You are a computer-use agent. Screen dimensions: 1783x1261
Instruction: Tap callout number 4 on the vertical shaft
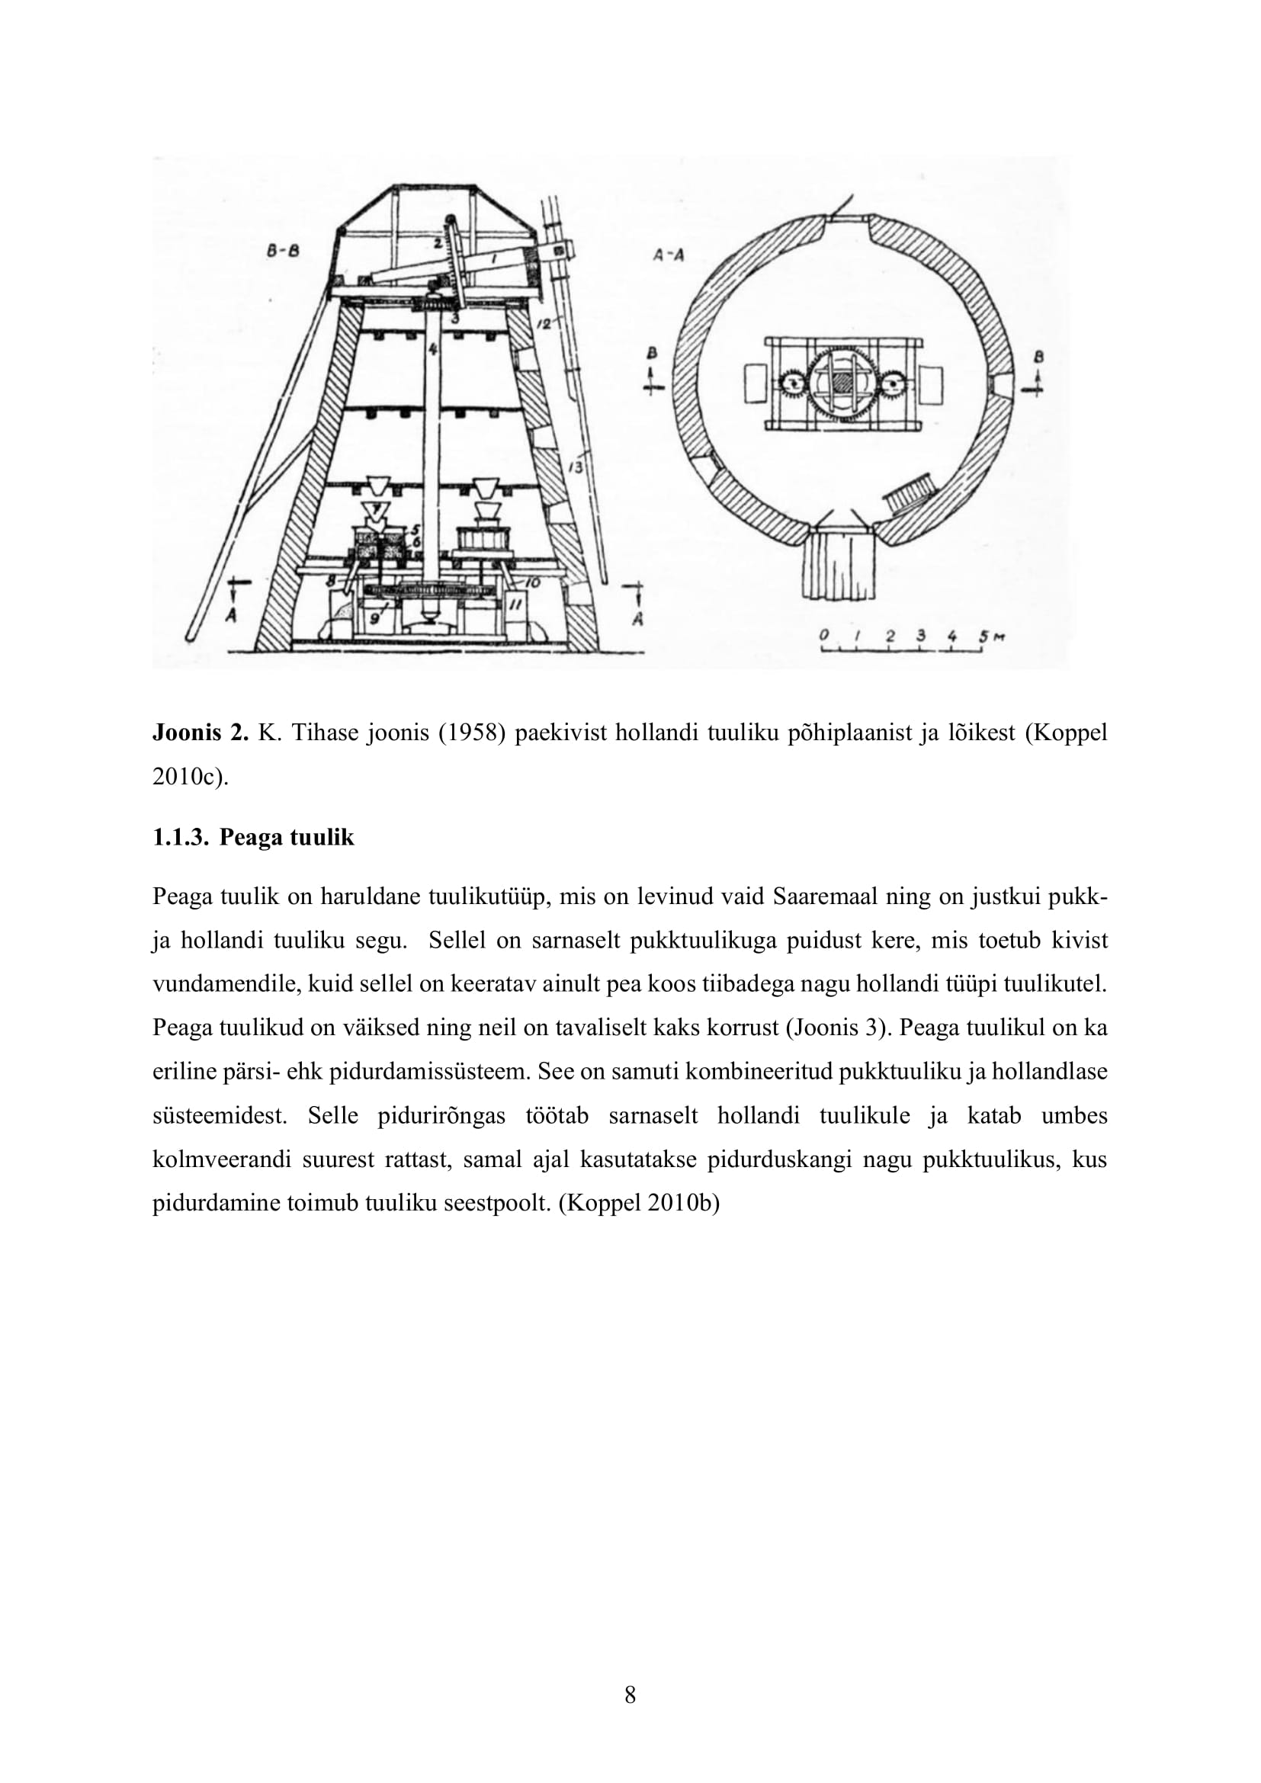pyautogui.click(x=432, y=349)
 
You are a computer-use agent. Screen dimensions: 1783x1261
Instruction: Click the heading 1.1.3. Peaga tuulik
pyautogui.click(x=253, y=837)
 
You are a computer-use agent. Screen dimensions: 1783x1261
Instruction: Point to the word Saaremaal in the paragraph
pyautogui.click(x=824, y=897)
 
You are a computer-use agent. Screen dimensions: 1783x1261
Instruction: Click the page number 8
pyautogui.click(x=630, y=1695)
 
